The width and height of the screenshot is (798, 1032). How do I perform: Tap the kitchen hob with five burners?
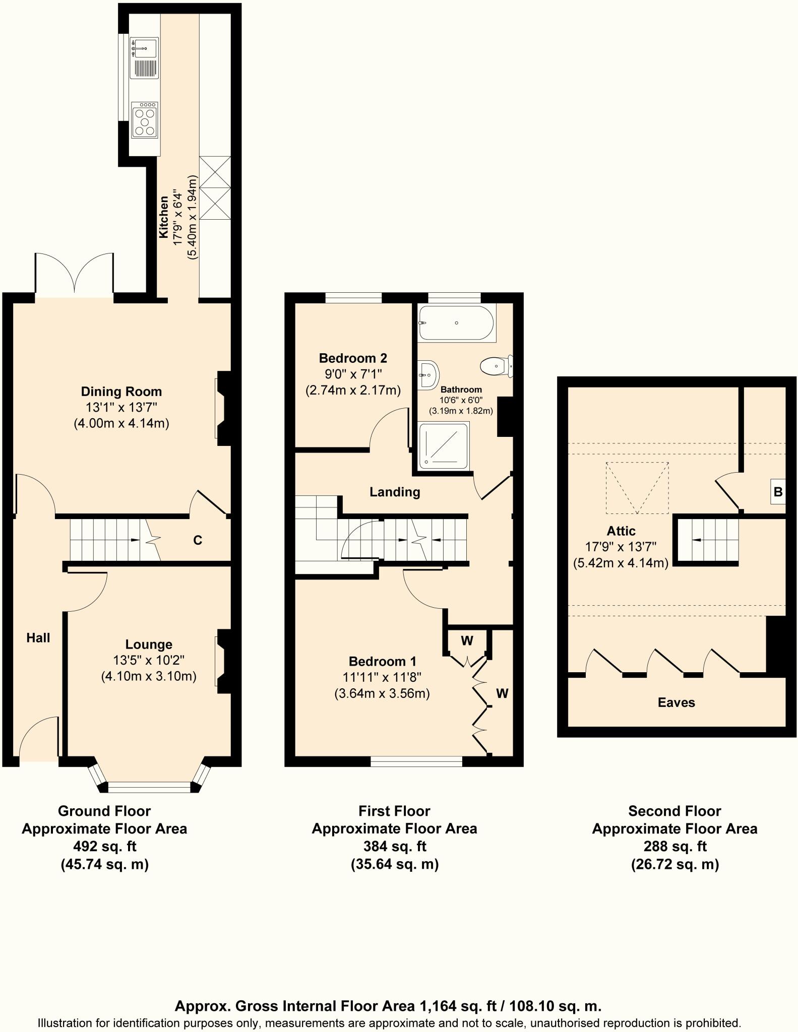pos(145,121)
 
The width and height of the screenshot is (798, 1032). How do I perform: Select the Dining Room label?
pos(121,392)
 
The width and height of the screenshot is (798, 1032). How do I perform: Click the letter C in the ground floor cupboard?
pos(198,541)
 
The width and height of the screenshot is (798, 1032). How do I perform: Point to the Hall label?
pos(38,638)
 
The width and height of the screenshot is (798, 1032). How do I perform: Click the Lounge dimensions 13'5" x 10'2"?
pos(148,660)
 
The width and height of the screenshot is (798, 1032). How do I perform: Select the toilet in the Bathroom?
pos(497,366)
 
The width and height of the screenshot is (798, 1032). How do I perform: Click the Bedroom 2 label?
pos(353,358)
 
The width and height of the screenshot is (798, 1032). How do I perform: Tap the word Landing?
pos(395,492)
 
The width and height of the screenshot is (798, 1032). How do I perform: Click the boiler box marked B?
pos(778,492)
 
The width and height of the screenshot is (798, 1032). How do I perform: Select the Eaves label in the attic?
pos(676,702)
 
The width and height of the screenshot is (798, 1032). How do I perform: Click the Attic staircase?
pos(708,540)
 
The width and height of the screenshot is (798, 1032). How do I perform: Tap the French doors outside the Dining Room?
pos(75,275)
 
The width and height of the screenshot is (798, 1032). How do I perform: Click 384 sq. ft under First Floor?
pos(394,846)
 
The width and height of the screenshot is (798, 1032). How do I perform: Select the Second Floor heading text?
pos(674,811)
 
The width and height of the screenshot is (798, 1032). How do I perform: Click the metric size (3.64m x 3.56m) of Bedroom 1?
pos(382,693)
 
